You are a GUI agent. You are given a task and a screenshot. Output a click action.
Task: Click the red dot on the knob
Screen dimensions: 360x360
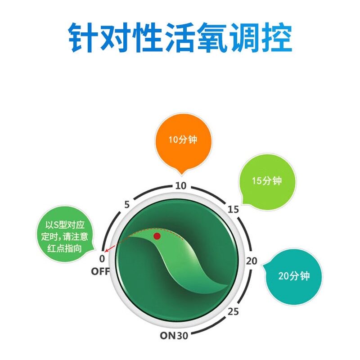(157, 236)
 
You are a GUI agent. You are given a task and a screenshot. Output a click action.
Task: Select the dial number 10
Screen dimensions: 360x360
(180, 185)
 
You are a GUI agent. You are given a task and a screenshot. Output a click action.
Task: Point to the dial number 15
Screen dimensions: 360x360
(233, 209)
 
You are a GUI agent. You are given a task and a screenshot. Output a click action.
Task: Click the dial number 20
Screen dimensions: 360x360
(252, 261)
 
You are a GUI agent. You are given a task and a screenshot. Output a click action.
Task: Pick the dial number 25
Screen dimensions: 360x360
(233, 311)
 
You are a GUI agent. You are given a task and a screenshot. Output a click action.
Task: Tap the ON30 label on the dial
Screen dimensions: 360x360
(175, 335)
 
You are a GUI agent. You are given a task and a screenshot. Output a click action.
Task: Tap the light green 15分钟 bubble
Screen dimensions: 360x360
(266, 181)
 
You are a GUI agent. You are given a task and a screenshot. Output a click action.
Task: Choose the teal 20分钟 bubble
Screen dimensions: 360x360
(293, 276)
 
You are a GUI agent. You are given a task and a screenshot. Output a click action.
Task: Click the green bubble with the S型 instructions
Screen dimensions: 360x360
(67, 237)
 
